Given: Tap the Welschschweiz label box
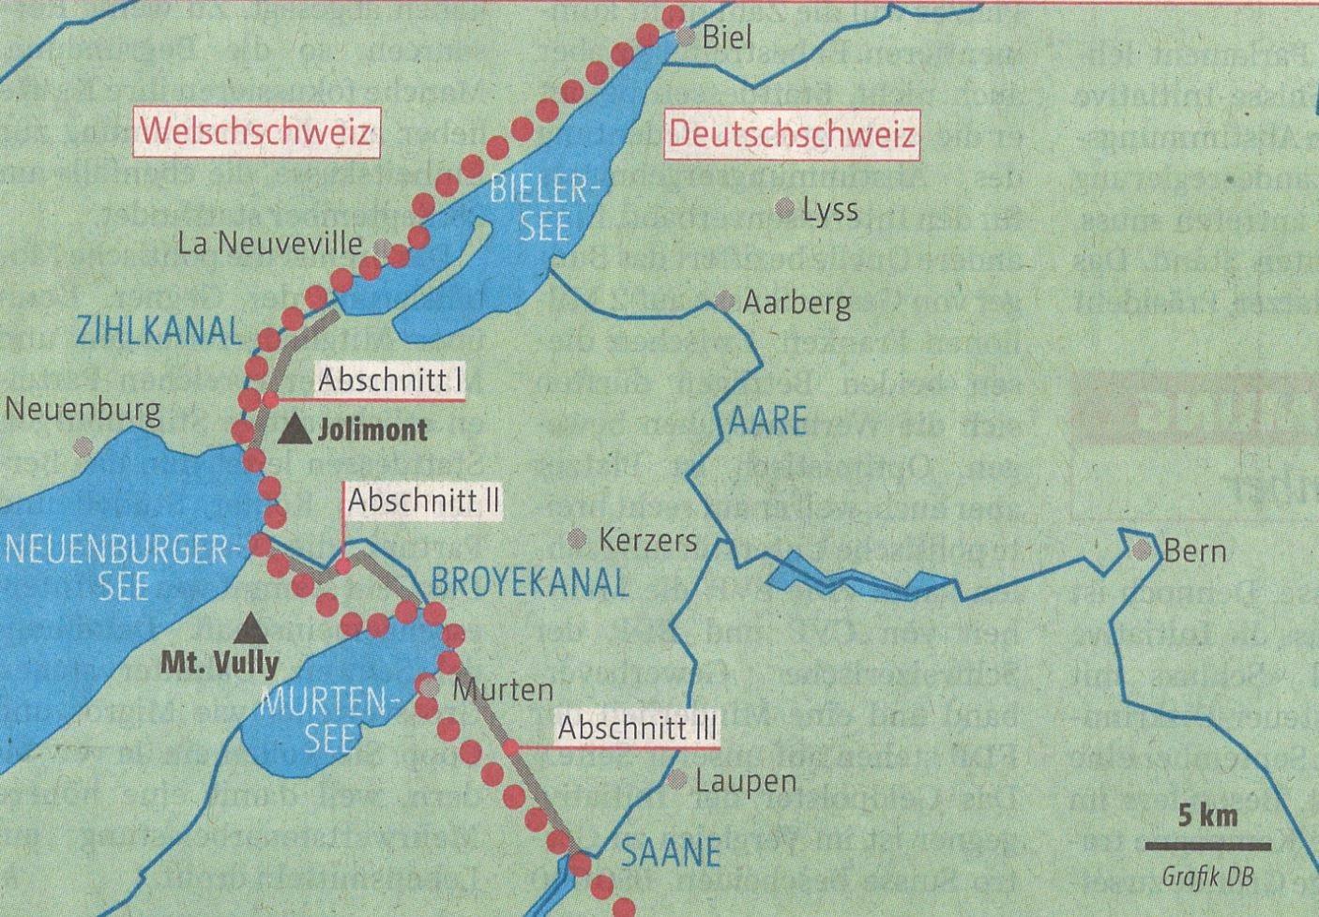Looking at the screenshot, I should coord(256,132).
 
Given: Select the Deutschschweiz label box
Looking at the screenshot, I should coord(792,135).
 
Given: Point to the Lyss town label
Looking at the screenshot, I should coord(830,209).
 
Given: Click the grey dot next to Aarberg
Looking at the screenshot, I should coord(724,302).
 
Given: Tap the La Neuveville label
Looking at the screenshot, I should coord(270,245).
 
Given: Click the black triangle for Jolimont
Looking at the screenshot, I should coord(297,429).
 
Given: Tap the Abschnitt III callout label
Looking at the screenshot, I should coord(638,728).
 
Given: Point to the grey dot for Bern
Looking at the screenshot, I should coord(1143,550).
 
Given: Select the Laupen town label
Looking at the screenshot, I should coord(746,780).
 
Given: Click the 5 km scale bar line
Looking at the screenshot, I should coord(1207,846).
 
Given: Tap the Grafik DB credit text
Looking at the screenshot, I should coord(1207,878).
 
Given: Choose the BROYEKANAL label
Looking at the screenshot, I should coord(529,583).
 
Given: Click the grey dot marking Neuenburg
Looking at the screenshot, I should coord(83,444).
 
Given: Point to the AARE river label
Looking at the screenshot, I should coord(767,422).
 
